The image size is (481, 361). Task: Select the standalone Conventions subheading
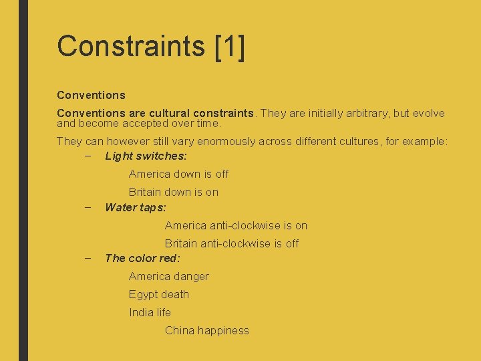click(x=91, y=95)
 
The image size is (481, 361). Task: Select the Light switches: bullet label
click(x=146, y=156)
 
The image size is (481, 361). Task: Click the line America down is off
click(x=178, y=174)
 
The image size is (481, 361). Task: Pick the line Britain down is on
click(x=173, y=192)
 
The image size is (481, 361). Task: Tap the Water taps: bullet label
click(x=136, y=207)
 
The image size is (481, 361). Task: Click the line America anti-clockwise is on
click(x=236, y=225)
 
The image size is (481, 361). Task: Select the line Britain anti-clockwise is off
click(x=231, y=243)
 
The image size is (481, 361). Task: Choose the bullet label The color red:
click(x=142, y=258)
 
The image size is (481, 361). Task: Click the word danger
click(x=192, y=276)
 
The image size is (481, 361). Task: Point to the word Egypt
click(x=142, y=294)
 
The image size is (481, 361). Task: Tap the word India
click(x=140, y=312)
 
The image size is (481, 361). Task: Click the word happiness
click(x=224, y=330)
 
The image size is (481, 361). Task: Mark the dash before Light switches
click(x=88, y=156)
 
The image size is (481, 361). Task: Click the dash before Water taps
click(x=88, y=207)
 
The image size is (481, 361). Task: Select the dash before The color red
click(x=88, y=258)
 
